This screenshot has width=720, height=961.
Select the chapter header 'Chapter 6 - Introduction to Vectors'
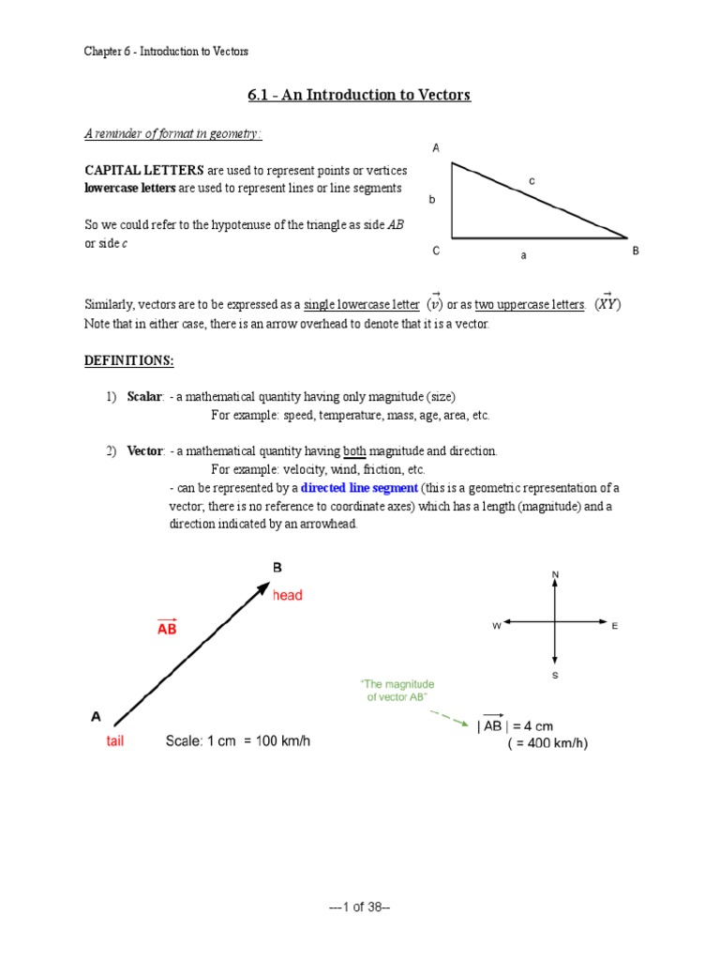tap(166, 52)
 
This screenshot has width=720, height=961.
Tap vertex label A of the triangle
tap(436, 148)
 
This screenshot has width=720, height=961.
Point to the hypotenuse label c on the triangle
tap(532, 179)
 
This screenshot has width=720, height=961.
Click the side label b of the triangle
tap(433, 200)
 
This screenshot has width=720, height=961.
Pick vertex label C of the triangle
tap(436, 252)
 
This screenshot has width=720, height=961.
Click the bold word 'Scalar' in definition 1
tap(145, 396)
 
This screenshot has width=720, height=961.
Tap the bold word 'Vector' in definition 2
tap(145, 451)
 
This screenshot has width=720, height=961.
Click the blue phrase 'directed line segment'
tap(359, 488)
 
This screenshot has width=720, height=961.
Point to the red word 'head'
tap(288, 595)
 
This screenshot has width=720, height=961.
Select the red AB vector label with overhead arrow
tap(167, 627)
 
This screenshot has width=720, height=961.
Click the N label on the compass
tap(555, 573)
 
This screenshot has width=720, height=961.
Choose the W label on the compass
tap(496, 625)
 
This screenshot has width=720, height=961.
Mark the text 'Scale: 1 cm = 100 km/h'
tap(237, 741)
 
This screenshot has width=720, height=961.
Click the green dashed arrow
tap(450, 719)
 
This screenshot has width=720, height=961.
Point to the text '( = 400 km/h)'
tap(548, 743)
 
